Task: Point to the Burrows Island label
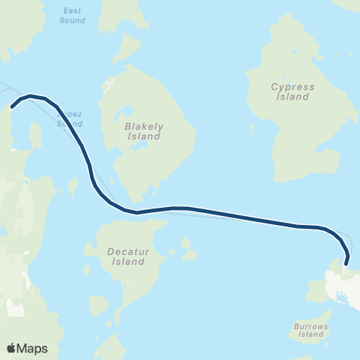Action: [309, 330]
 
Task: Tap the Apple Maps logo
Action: [27, 348]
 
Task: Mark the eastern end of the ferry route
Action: [346, 262]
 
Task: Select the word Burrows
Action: [309, 325]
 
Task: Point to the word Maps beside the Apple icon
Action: [33, 349]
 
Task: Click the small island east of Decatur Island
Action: [187, 248]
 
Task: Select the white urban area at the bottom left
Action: [15, 307]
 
